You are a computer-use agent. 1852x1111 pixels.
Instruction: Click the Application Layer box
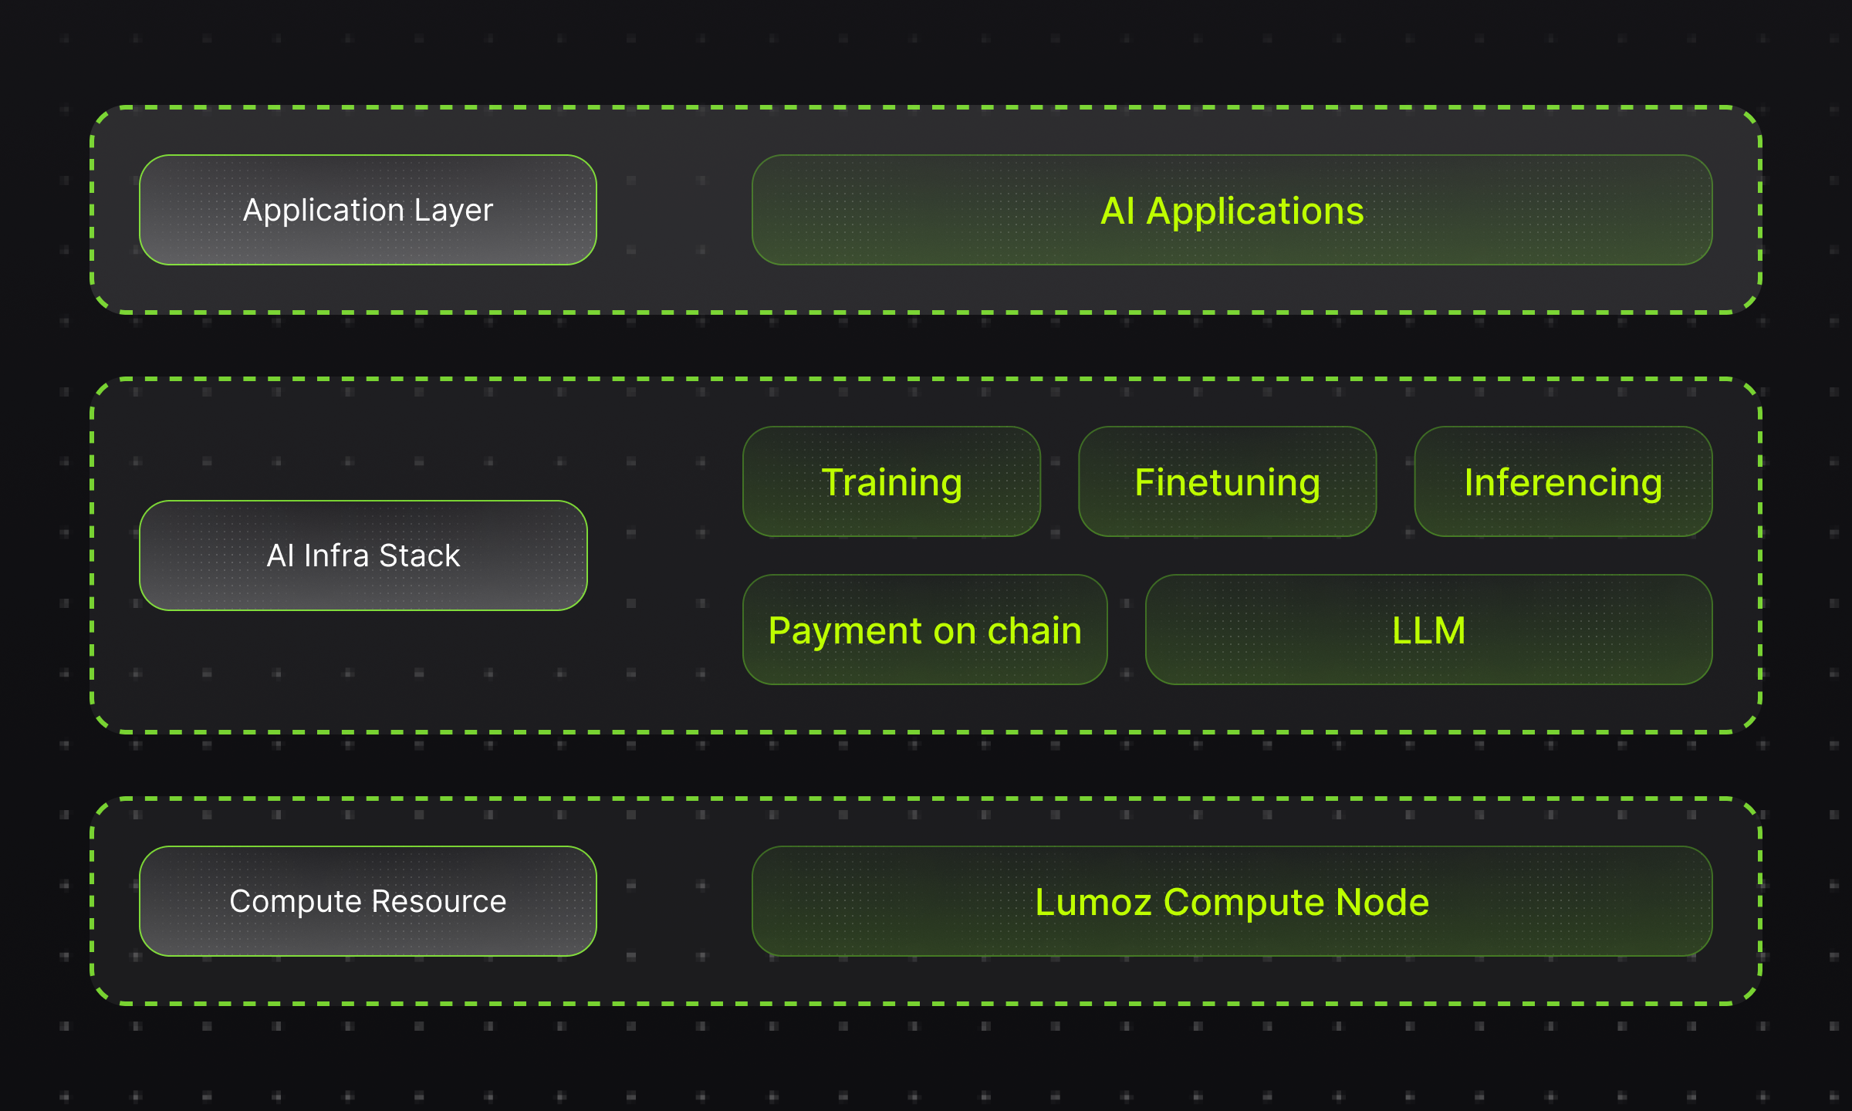pyautogui.click(x=368, y=210)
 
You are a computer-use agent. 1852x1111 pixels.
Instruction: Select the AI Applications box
pyautogui.click(x=1232, y=210)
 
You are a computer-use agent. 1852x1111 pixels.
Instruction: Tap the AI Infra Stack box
pyautogui.click(x=363, y=555)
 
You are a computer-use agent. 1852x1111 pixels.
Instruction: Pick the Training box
pyautogui.click(x=891, y=481)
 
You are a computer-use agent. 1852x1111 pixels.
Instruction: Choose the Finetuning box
pyautogui.click(x=1228, y=481)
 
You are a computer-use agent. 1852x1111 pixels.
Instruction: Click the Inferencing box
pyautogui.click(x=1563, y=481)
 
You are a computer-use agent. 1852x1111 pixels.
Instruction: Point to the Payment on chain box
pyautogui.click(x=925, y=630)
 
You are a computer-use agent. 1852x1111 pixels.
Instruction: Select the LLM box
pyautogui.click(x=1429, y=630)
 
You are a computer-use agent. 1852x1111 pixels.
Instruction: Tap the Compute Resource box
pyautogui.click(x=368, y=901)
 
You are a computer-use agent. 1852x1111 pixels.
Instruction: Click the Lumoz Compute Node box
pyautogui.click(x=1232, y=901)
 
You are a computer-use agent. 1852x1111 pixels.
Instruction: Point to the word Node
pyautogui.click(x=1382, y=902)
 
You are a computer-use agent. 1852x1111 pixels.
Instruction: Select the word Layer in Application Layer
pyautogui.click(x=454, y=211)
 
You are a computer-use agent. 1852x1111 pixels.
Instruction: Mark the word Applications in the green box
pyautogui.click(x=1256, y=212)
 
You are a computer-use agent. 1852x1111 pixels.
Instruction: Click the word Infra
pyautogui.click(x=336, y=555)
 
